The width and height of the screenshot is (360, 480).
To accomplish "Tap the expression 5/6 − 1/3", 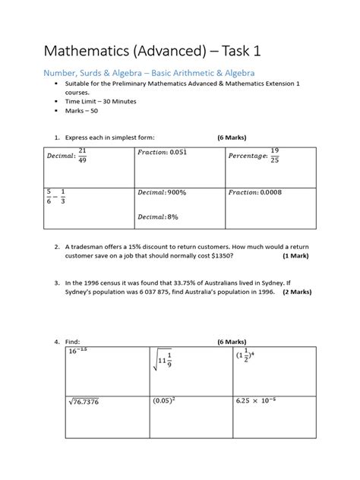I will point(55,196).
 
